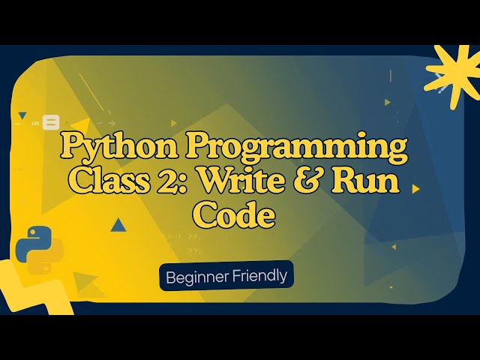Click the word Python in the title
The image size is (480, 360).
tap(111, 146)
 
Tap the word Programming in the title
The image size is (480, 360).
tap(289, 146)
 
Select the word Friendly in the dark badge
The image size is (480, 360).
tap(260, 276)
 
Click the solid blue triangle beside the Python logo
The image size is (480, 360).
tap(118, 224)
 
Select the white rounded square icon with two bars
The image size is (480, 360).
tap(51, 121)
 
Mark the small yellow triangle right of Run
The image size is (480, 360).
tap(416, 189)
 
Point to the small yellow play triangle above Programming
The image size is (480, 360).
tap(174, 122)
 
